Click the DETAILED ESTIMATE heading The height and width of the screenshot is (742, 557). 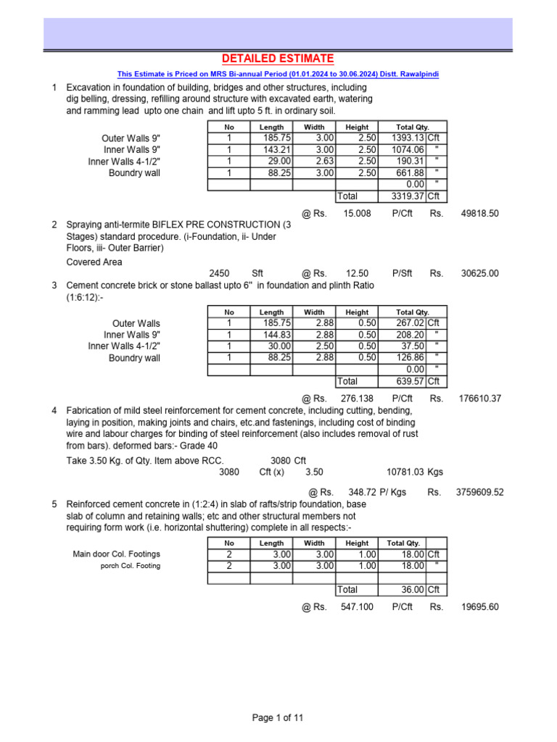pyautogui.click(x=278, y=59)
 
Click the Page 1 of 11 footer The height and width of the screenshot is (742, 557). pyautogui.click(x=278, y=718)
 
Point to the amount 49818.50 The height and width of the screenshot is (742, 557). pyautogui.click(x=479, y=214)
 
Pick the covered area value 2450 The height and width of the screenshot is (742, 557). pyautogui.click(x=219, y=274)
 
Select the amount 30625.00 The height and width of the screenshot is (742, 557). pyautogui.click(x=479, y=274)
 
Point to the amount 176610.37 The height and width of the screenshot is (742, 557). pyautogui.click(x=479, y=399)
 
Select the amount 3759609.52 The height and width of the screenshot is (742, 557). pyautogui.click(x=479, y=492)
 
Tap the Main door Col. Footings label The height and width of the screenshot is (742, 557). pyautogui.click(x=117, y=554)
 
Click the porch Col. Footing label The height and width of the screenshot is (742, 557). pyautogui.click(x=131, y=566)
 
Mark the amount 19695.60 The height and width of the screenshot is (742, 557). pyautogui.click(x=479, y=607)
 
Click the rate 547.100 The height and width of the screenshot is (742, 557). pyautogui.click(x=356, y=607)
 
